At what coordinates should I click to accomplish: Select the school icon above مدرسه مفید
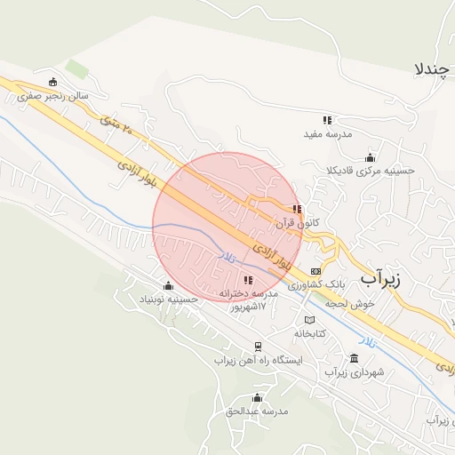pyautogui.click(x=327, y=120)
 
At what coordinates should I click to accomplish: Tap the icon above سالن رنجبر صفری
pyautogui.click(x=53, y=83)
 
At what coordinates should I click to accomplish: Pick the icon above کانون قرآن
pyautogui.click(x=297, y=211)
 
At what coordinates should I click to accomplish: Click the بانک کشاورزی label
pyautogui.click(x=315, y=283)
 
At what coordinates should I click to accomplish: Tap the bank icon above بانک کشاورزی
pyautogui.click(x=315, y=270)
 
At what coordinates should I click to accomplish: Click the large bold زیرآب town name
pyautogui.click(x=380, y=278)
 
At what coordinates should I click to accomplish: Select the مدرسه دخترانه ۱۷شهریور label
pyautogui.click(x=250, y=299)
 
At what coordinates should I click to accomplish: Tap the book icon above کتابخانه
pyautogui.click(x=309, y=319)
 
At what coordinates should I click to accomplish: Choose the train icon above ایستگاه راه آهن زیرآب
pyautogui.click(x=258, y=347)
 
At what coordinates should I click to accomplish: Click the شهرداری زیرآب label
pyautogui.click(x=355, y=373)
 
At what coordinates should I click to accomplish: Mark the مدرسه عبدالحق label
pyautogui.click(x=256, y=411)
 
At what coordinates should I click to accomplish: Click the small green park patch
pyautogui.click(x=78, y=68)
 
